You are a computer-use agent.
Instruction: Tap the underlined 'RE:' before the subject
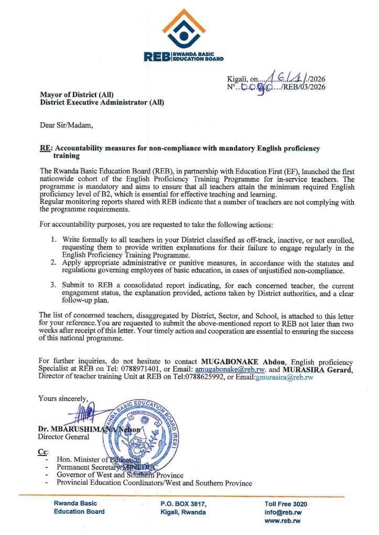pyautogui.click(x=45, y=149)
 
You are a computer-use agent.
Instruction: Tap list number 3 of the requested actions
pyautogui.click(x=53, y=285)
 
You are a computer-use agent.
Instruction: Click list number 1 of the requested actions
pyautogui.click(x=53, y=240)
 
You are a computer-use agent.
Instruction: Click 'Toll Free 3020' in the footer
pyautogui.click(x=286, y=504)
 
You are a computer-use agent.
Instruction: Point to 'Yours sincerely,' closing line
pyautogui.click(x=63, y=399)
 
